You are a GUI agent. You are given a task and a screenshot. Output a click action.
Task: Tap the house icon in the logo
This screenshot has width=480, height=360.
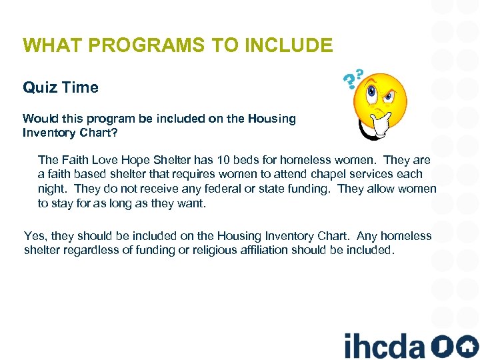tap(467, 346)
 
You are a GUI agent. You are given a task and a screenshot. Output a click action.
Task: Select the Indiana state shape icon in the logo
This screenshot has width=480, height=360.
tap(441, 346)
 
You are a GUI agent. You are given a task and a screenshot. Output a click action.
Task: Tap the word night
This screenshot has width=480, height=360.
tap(51, 189)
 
